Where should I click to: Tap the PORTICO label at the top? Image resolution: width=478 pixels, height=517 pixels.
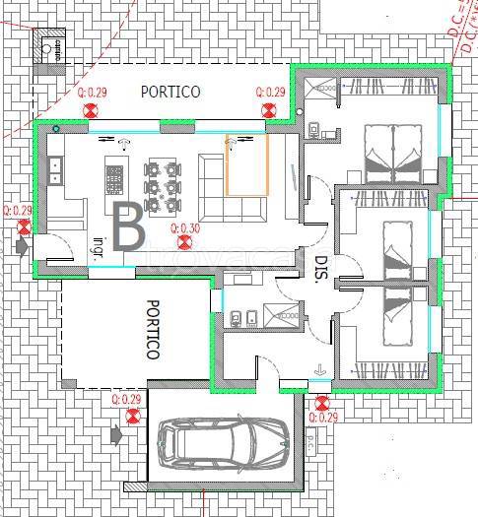tap(170, 92)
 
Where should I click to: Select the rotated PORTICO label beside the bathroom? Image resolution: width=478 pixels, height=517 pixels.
tap(152, 330)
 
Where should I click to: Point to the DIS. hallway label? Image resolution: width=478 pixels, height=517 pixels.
tap(320, 270)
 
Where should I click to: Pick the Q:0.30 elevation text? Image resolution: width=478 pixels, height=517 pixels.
tap(185, 228)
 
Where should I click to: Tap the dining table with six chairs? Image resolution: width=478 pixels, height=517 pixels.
tap(164, 183)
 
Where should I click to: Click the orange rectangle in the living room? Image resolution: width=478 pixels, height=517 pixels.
tap(247, 164)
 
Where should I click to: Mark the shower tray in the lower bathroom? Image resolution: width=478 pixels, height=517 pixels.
tap(289, 315)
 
